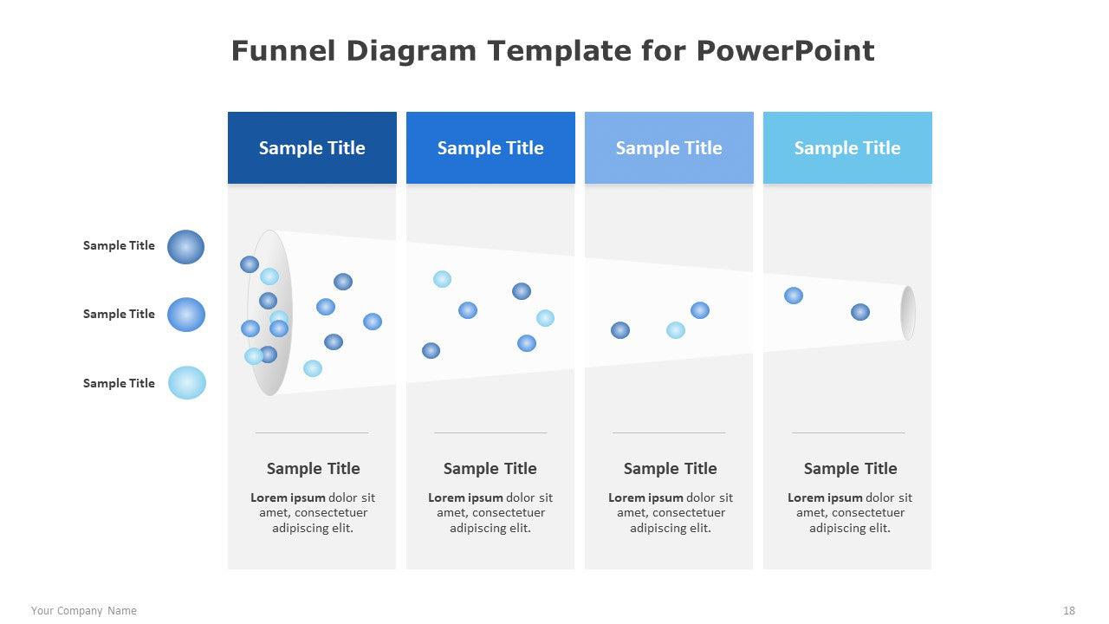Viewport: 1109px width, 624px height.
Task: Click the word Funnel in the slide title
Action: click(283, 51)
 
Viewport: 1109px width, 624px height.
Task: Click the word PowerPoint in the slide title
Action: click(785, 51)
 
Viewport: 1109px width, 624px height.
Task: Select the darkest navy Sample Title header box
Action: click(312, 147)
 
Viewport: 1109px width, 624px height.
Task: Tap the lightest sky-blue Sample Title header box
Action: click(847, 147)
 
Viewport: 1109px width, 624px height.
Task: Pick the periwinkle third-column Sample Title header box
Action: click(669, 147)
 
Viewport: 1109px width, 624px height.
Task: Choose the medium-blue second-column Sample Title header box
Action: click(490, 147)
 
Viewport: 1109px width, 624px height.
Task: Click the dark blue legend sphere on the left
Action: click(185, 247)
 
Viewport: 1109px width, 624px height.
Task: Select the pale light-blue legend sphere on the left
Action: click(187, 383)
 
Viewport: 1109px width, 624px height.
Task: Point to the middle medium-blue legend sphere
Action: click(186, 315)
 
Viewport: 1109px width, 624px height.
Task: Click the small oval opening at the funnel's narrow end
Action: click(908, 313)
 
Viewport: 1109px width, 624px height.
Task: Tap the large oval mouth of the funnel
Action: click(269, 313)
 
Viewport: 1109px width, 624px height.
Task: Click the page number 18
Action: click(1069, 611)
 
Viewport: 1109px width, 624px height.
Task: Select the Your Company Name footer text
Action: click(84, 611)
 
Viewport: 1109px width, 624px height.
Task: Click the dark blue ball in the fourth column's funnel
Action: click(860, 312)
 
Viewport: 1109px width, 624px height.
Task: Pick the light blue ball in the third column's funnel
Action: click(676, 330)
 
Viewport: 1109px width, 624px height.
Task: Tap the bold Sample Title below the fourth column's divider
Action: click(850, 469)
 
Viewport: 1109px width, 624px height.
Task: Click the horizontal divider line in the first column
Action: click(312, 432)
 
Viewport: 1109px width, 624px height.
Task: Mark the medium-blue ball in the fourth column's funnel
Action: click(794, 296)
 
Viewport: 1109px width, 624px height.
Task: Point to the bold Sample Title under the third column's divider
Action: click(670, 469)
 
